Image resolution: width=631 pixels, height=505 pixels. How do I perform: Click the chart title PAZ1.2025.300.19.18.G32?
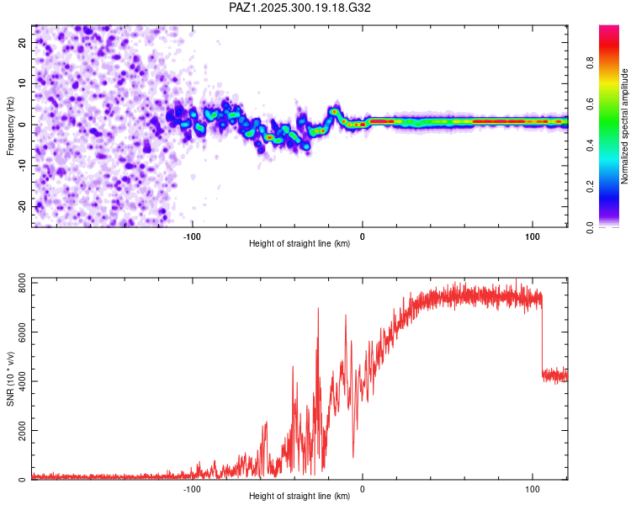click(300, 8)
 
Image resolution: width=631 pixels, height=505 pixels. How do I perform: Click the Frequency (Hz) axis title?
click(10, 125)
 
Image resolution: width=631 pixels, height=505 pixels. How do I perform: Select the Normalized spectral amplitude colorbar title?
click(624, 126)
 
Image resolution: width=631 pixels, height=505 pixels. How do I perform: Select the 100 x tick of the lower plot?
click(533, 488)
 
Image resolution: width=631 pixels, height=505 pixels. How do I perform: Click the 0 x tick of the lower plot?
click(363, 488)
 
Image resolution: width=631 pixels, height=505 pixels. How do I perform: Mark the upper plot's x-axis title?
click(300, 243)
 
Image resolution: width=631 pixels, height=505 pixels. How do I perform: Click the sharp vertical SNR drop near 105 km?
click(542, 337)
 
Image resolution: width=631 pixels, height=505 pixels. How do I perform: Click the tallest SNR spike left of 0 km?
click(318, 310)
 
